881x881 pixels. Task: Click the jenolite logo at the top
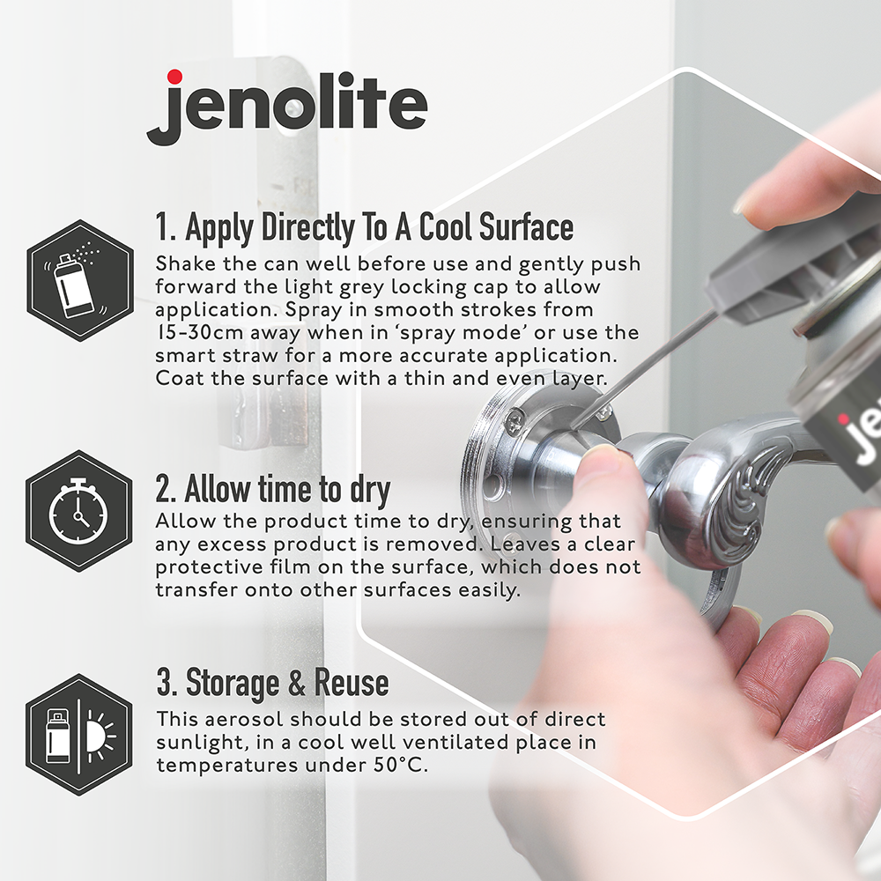coord(287,107)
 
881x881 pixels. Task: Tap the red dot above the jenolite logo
coord(174,77)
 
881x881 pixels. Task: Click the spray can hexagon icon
coord(80,280)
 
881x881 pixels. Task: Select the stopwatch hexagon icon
coord(79,511)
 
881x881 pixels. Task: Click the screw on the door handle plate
coord(516,420)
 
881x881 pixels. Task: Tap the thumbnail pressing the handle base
coord(601,461)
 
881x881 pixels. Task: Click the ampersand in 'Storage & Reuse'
coord(297,683)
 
